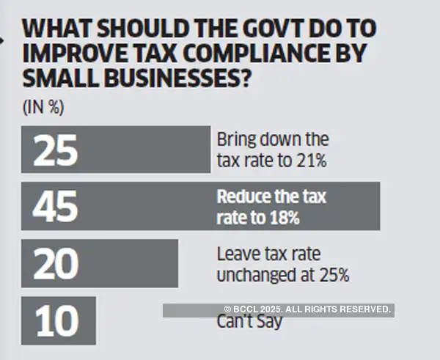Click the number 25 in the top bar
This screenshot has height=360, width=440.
(x=56, y=149)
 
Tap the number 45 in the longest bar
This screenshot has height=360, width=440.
(x=56, y=206)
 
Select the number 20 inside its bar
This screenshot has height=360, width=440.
(x=56, y=263)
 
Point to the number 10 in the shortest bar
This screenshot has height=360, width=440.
(x=56, y=320)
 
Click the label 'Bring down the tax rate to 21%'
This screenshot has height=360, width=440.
(x=273, y=149)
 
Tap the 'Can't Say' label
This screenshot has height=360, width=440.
(x=249, y=322)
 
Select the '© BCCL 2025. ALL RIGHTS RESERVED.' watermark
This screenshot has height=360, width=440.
(x=307, y=310)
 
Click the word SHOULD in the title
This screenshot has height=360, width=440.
(x=132, y=29)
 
